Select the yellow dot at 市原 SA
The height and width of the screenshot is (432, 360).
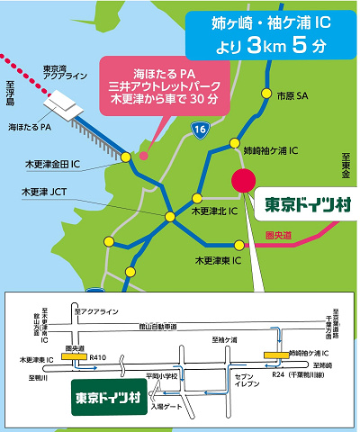(x=266, y=93)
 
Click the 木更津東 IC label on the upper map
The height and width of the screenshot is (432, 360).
(x=220, y=260)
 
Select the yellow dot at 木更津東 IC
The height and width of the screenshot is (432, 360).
(x=238, y=245)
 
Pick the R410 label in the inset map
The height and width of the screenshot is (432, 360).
(x=99, y=358)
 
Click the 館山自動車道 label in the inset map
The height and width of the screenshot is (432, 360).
(x=160, y=327)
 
